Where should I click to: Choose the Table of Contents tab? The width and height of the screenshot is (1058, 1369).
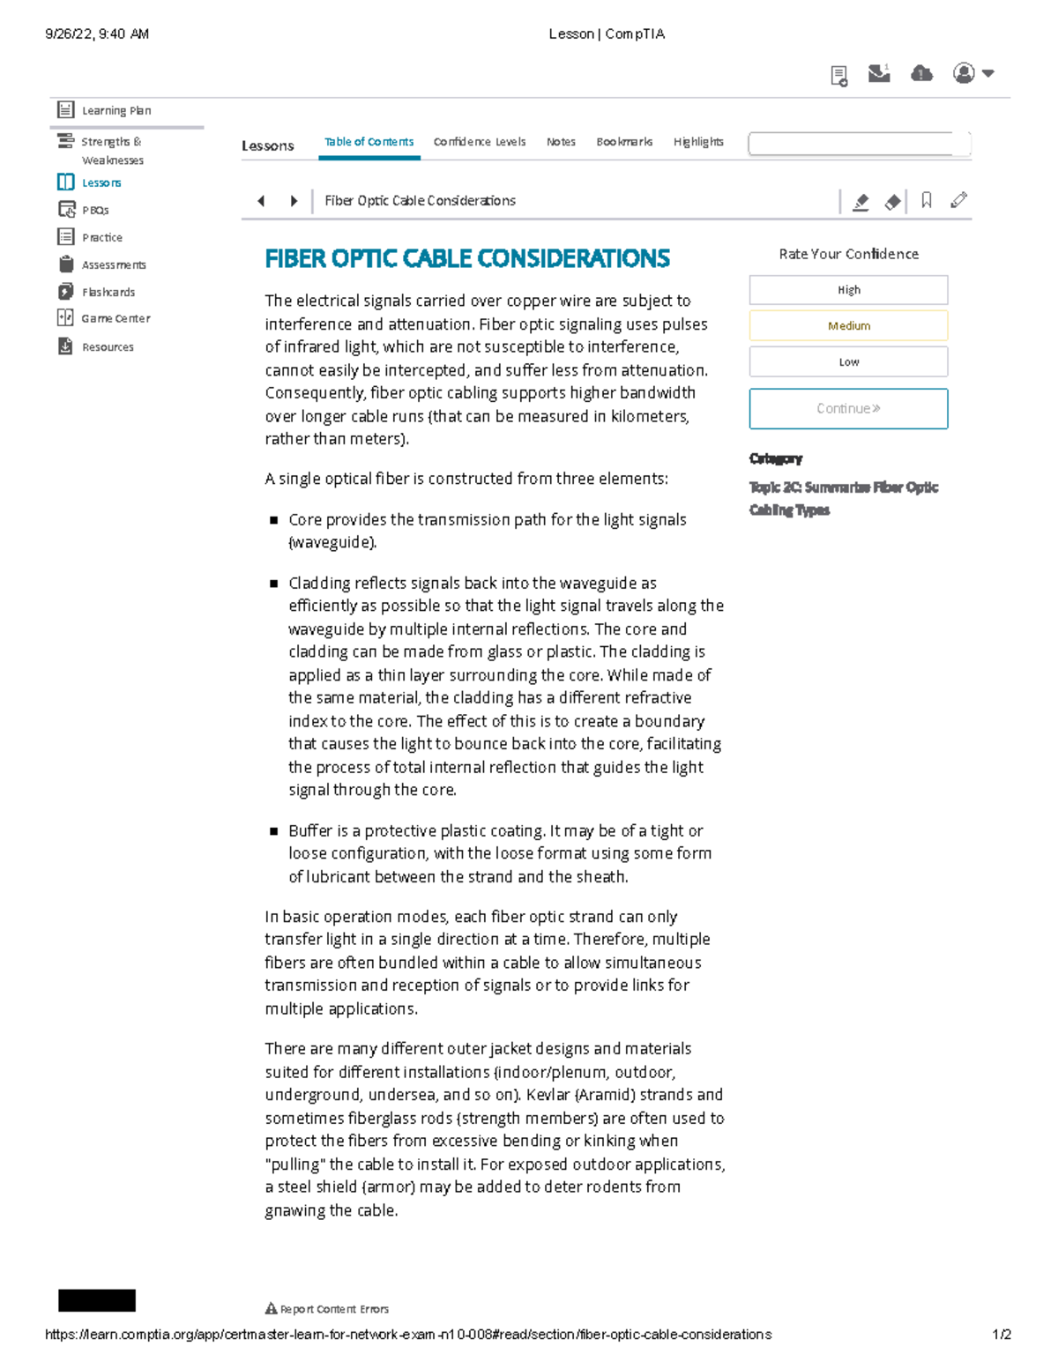(x=369, y=142)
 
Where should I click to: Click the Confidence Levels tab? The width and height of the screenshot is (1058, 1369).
(x=479, y=142)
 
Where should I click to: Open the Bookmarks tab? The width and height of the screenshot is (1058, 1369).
(x=624, y=142)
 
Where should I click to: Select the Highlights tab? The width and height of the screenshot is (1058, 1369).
(x=698, y=142)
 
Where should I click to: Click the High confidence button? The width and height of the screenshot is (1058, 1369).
(x=848, y=290)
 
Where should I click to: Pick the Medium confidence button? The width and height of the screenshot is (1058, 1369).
(x=848, y=326)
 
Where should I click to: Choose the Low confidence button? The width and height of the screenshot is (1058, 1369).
(x=848, y=361)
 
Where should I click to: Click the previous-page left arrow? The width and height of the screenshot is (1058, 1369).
(x=261, y=201)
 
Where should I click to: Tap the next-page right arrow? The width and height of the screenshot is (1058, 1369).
(x=294, y=201)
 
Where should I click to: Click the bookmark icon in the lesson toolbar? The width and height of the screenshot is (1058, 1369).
(x=926, y=201)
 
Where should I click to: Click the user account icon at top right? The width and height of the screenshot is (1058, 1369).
(x=965, y=73)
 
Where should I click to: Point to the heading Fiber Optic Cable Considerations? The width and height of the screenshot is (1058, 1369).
(x=467, y=258)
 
